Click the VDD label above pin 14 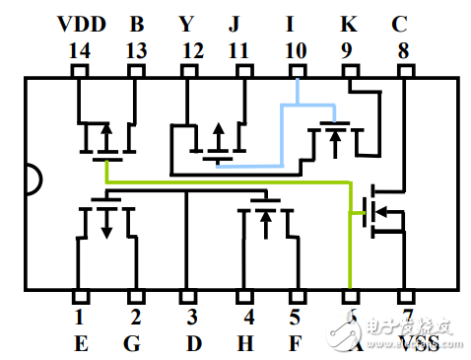click(79, 22)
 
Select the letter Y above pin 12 click(187, 22)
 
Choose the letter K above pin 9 click(348, 22)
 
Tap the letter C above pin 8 click(399, 22)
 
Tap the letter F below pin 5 click(296, 342)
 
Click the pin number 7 click(405, 318)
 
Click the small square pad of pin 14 click(79, 72)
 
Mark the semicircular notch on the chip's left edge click(33, 180)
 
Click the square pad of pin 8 click(403, 72)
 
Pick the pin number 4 click(249, 318)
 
